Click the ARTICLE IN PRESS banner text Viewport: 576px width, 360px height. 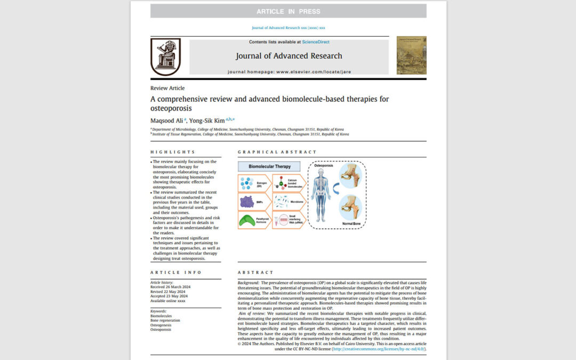288,11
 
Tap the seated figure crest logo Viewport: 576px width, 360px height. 165,56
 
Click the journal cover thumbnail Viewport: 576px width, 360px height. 411,55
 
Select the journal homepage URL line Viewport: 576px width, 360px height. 289,71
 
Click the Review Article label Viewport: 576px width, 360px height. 167,88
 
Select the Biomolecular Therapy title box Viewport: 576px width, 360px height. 269,166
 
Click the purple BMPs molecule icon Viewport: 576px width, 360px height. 247,202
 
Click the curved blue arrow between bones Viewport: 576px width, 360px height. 335,189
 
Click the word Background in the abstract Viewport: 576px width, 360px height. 249,282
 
